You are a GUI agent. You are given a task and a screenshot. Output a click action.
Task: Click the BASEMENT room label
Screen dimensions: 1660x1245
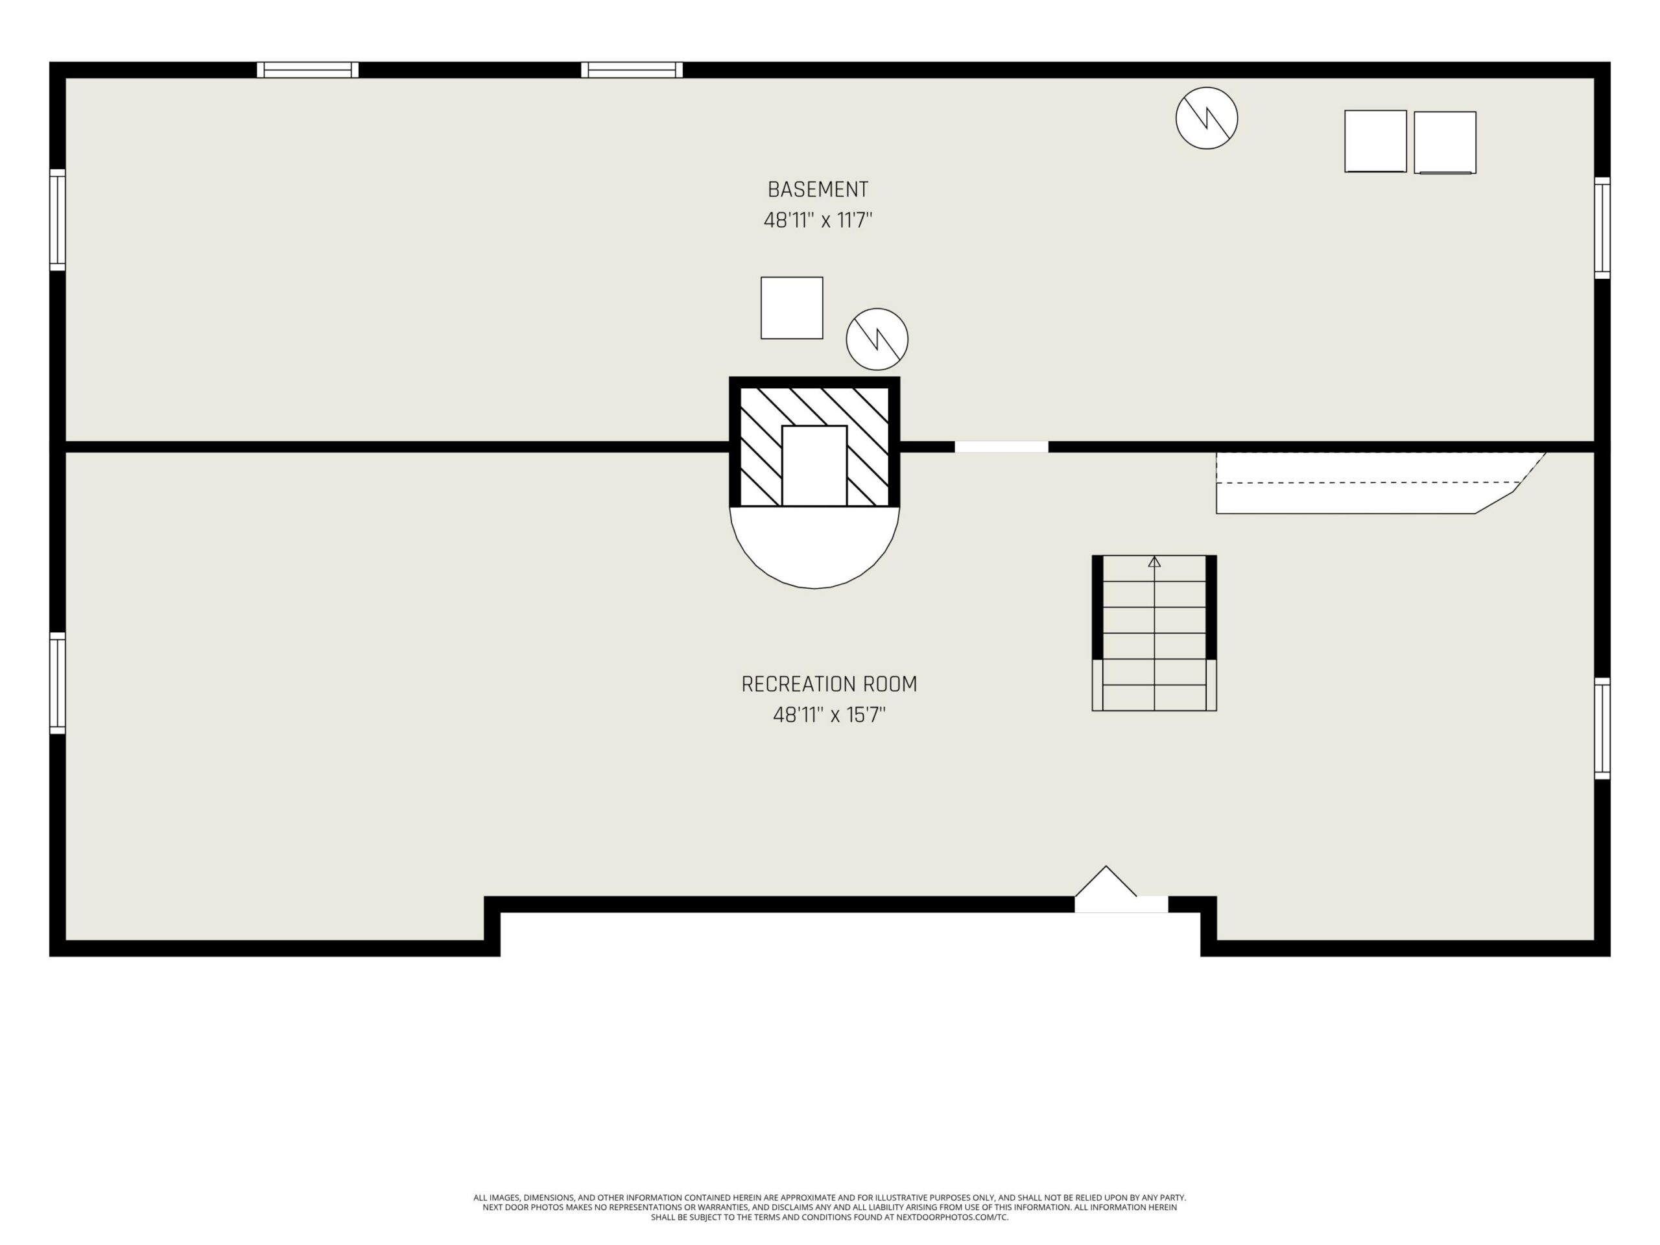[817, 189]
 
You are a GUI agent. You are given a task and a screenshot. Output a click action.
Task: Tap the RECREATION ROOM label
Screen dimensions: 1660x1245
[829, 683]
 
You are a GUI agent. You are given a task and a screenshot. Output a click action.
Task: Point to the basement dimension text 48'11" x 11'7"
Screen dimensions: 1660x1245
[818, 220]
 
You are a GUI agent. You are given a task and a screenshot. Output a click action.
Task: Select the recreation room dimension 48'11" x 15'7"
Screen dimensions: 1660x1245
[829, 715]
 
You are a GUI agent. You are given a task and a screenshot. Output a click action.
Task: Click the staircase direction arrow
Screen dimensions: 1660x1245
[1154, 562]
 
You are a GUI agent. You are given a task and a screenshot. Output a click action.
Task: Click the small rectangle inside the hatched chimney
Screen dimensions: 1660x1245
[814, 466]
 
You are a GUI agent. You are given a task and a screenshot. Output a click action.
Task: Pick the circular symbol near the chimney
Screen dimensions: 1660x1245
[877, 339]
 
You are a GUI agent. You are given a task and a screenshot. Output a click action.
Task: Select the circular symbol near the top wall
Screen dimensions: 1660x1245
[1206, 118]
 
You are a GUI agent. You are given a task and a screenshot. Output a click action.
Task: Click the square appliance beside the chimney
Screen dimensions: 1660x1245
[792, 308]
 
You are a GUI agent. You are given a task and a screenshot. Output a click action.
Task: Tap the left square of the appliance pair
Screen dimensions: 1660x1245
[1375, 141]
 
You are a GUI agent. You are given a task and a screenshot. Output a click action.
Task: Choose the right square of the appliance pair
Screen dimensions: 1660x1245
[1445, 143]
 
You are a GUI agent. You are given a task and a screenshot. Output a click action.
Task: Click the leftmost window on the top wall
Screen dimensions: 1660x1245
[308, 70]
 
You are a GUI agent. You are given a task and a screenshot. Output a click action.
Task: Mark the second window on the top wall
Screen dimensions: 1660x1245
[632, 70]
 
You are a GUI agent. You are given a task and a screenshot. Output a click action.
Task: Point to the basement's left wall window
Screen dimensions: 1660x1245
[58, 220]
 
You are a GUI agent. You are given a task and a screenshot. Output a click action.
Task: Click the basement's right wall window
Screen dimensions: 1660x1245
[1602, 228]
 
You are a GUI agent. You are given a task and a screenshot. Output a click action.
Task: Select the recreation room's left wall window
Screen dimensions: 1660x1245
[58, 683]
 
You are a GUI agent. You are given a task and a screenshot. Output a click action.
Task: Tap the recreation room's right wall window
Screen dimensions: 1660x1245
[1602, 729]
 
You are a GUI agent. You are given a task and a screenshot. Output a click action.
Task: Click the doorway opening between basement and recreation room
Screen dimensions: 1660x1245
[1001, 447]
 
